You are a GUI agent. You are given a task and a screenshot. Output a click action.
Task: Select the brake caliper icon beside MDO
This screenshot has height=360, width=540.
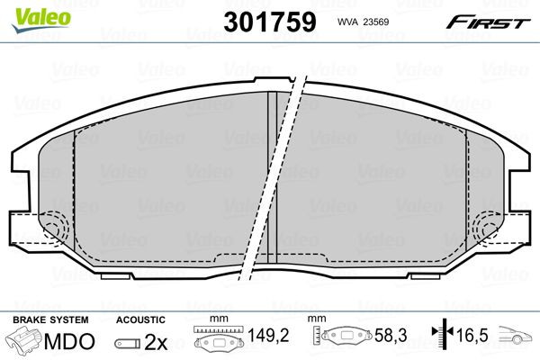click(25, 343)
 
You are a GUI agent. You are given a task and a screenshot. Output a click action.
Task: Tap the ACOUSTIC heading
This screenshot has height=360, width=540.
click(141, 319)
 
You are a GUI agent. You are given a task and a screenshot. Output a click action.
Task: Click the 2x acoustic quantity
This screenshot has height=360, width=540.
click(157, 343)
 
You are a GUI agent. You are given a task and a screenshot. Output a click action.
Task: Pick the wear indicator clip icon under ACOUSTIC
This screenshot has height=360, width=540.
click(128, 344)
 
